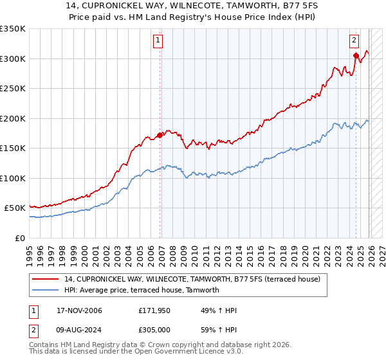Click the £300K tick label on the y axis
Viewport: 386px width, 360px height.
(x=13, y=59)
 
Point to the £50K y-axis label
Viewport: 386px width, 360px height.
(x=15, y=208)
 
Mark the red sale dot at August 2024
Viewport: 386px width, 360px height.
(x=355, y=56)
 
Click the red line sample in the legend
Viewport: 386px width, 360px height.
(x=46, y=279)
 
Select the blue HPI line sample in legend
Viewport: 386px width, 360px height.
(x=46, y=290)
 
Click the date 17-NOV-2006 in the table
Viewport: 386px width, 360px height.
(x=79, y=310)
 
